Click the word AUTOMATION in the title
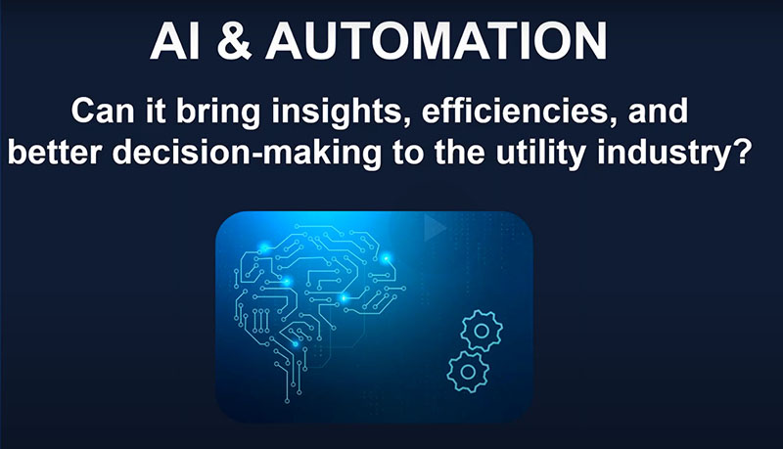(437, 41)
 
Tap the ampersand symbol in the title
(234, 41)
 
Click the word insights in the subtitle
(337, 112)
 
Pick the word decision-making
(247, 154)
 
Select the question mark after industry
(742, 152)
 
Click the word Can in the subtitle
(103, 112)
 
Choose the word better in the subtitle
(55, 153)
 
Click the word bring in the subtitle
(218, 112)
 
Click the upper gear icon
(482, 331)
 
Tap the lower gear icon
(468, 372)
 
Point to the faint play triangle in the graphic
(435, 228)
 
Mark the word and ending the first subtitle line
(658, 112)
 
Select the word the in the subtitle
(459, 153)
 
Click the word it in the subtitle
(156, 112)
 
